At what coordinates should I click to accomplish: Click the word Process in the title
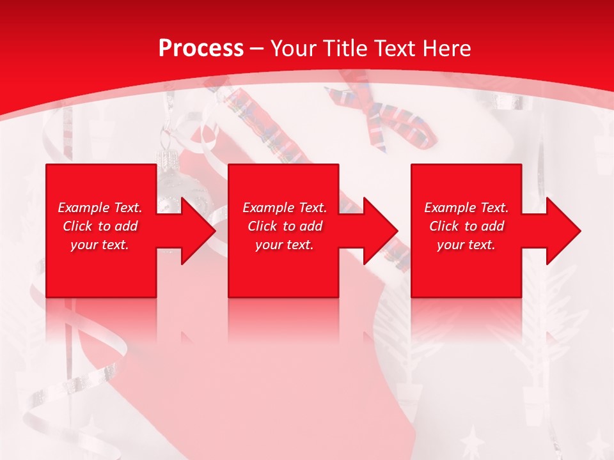point(201,49)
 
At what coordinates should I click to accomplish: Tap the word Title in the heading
point(345,49)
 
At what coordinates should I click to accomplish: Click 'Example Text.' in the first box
point(100,208)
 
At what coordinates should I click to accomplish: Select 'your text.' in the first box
point(100,245)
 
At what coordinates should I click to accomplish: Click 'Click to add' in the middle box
point(285,226)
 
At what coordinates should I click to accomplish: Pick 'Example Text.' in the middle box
point(285,208)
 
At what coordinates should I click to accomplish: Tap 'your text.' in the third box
point(466,245)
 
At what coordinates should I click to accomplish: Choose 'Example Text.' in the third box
point(466,208)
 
